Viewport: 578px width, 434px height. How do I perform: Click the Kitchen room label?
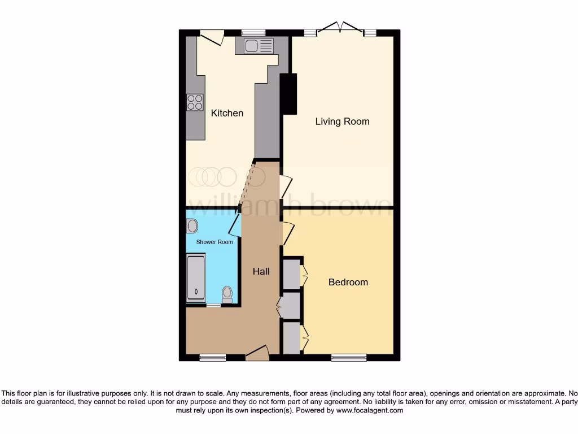pyautogui.click(x=227, y=113)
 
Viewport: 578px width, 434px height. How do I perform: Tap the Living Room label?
pyautogui.click(x=342, y=121)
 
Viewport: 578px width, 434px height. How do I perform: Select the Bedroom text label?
pyautogui.click(x=348, y=282)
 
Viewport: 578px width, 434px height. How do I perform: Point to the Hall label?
pyautogui.click(x=261, y=271)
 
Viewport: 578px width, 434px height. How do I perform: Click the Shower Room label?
pyautogui.click(x=214, y=242)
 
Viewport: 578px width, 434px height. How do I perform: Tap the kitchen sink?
pyautogui.click(x=258, y=46)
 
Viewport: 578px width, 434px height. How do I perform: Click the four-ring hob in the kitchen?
pyautogui.click(x=195, y=102)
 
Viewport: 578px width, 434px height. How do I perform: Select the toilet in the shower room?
pyautogui.click(x=227, y=294)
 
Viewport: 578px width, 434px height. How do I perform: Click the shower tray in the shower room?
pyautogui.click(x=196, y=277)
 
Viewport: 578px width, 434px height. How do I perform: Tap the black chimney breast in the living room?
pyautogui.click(x=288, y=94)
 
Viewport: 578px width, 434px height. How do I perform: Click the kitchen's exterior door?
pyautogui.click(x=212, y=37)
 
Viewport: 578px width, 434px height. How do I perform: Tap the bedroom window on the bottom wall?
pyautogui.click(x=348, y=357)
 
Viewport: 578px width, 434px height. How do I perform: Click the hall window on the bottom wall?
pyautogui.click(x=213, y=357)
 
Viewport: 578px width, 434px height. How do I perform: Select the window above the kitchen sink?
pyautogui.click(x=253, y=33)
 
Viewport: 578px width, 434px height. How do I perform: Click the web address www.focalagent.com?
pyautogui.click(x=370, y=411)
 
